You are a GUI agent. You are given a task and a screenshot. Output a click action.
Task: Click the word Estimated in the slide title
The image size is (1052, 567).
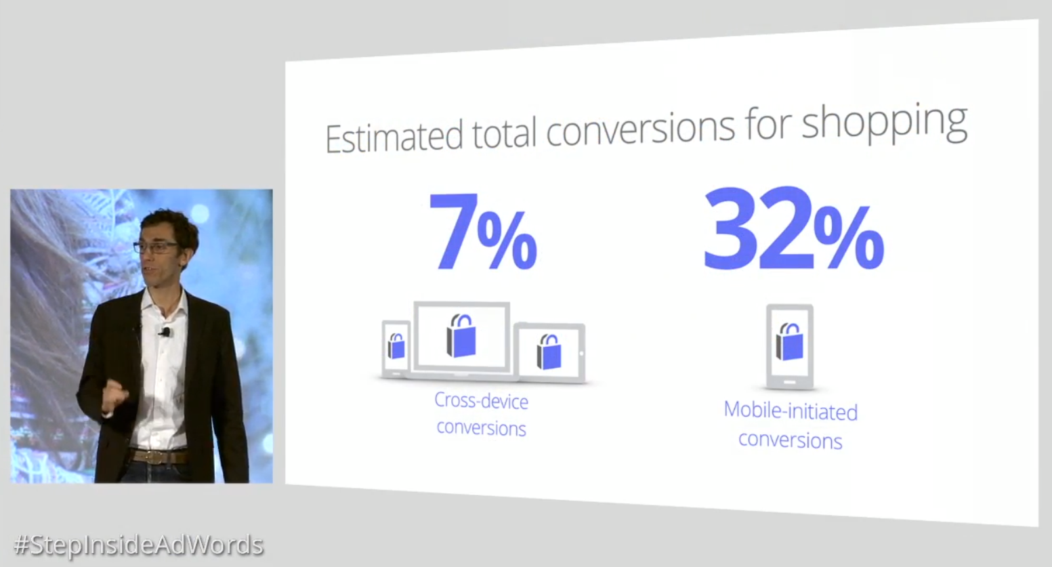point(394,137)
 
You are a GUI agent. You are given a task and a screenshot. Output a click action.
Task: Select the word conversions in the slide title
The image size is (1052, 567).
point(640,129)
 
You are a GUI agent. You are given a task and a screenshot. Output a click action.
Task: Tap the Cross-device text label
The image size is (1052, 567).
point(481,401)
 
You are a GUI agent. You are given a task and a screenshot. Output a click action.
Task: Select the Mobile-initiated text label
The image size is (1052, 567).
point(791,411)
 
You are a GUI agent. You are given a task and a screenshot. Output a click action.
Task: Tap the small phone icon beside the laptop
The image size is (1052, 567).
point(396,349)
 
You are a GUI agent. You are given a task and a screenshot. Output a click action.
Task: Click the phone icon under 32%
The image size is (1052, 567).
point(790,347)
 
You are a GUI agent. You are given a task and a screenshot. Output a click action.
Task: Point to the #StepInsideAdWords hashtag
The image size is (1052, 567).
point(139,545)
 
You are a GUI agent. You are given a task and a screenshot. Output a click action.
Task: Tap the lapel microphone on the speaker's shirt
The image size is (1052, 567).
point(165,332)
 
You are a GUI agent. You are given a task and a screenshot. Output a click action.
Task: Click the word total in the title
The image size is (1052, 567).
point(504,134)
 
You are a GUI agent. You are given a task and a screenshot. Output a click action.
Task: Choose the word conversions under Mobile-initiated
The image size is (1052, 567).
point(791,440)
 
